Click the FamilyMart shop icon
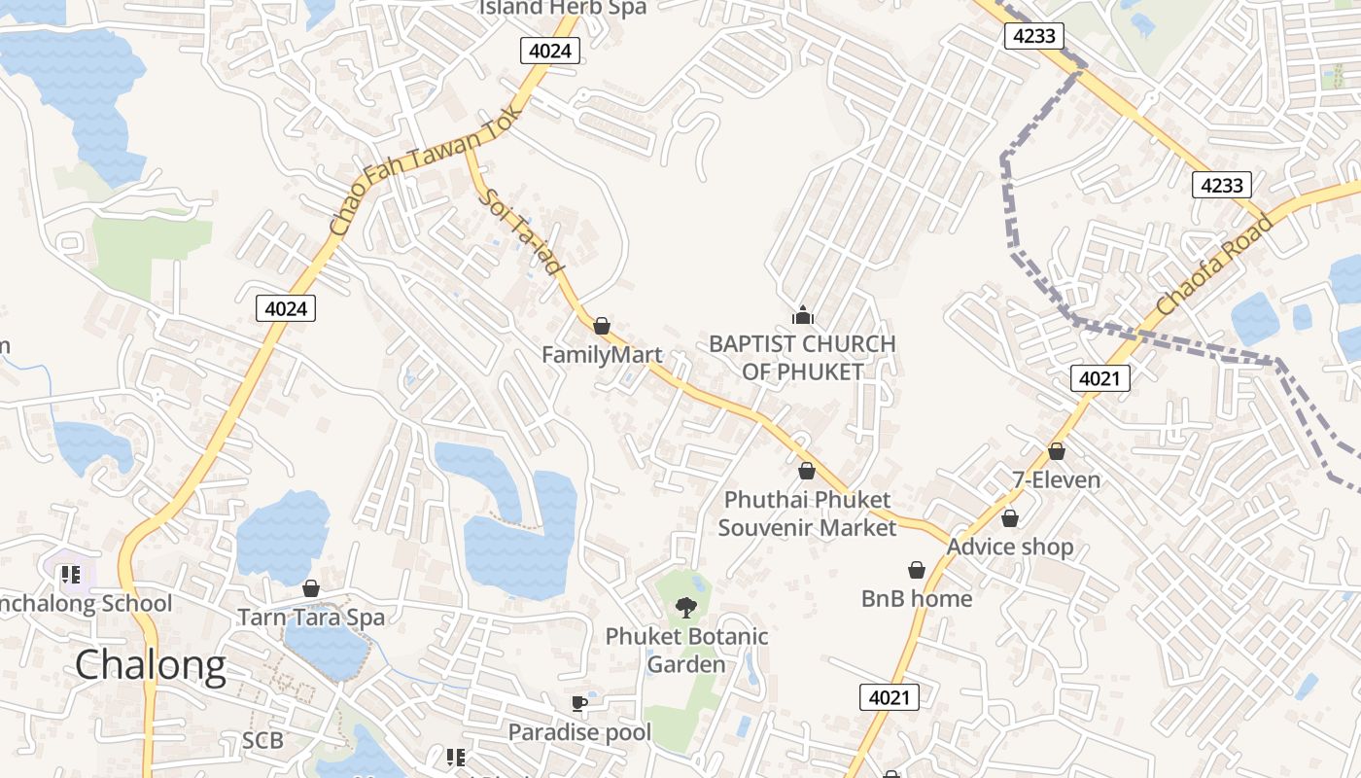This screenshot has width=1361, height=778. point(602,326)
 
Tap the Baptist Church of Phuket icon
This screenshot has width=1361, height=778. point(803,314)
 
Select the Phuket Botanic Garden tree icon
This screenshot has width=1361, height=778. point(686,608)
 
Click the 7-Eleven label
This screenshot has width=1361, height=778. point(1057,479)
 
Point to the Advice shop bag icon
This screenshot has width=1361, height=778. point(1010,518)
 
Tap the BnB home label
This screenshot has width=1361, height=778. point(917,598)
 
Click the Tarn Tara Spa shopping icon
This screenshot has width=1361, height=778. point(311,588)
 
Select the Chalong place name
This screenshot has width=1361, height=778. point(151,665)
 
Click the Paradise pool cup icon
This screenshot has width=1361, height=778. point(579,703)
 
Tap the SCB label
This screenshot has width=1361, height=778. point(262,741)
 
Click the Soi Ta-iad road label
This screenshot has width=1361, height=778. point(522,231)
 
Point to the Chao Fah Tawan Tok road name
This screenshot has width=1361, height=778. point(425,170)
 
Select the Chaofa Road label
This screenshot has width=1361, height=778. point(1214,265)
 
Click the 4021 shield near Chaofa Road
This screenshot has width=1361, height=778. point(1100,378)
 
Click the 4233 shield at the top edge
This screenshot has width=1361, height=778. point(1033,36)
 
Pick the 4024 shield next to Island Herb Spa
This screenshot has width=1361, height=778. point(550,51)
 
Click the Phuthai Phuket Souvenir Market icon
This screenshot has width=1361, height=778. point(806,472)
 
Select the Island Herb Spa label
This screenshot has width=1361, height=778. point(563,8)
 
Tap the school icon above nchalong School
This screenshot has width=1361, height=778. point(70,575)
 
